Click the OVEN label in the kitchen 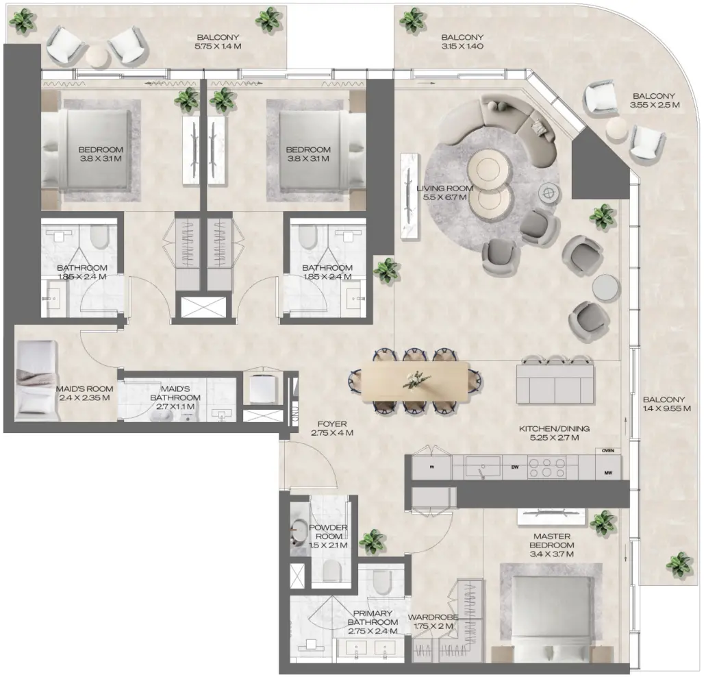607,451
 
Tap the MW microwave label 607,473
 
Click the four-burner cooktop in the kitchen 553,467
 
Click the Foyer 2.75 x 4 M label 331,429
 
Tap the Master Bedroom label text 551,544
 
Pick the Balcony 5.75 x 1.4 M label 219,42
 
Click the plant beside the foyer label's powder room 372,541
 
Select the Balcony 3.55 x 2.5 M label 654,101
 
